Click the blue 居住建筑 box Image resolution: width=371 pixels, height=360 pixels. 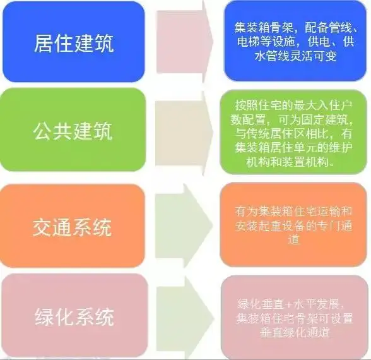point(74,42)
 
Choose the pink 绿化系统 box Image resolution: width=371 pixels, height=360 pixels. point(74,315)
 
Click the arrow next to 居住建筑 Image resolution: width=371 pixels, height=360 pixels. point(184,42)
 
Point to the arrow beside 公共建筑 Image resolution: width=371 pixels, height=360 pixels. point(184,133)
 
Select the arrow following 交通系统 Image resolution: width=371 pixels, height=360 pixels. point(184,225)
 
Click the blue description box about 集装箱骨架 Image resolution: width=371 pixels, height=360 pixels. point(295,41)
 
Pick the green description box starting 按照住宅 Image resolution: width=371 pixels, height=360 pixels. point(293,132)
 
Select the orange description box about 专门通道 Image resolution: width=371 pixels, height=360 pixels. point(293,225)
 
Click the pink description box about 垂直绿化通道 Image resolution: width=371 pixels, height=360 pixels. point(295,317)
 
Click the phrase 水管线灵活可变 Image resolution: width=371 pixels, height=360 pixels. point(295,56)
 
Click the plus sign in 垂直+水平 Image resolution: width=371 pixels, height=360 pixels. point(288,304)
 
